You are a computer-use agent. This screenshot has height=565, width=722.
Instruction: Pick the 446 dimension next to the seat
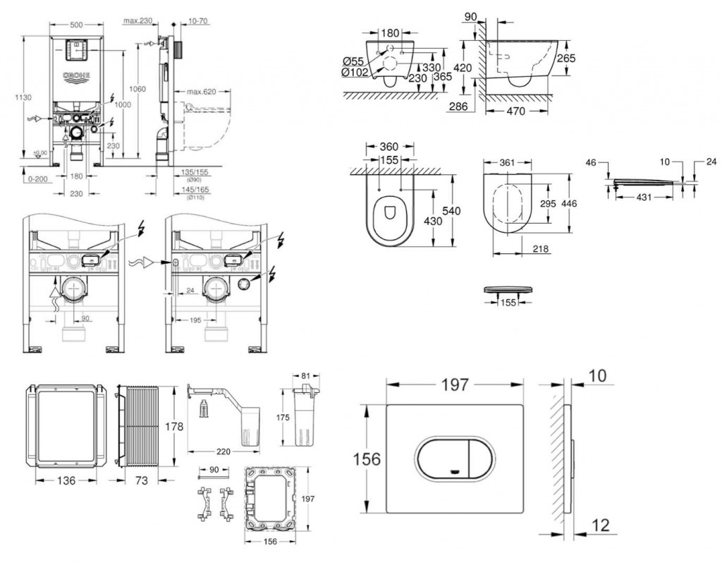click(570, 204)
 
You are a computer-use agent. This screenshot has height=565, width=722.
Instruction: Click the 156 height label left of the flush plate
click(367, 459)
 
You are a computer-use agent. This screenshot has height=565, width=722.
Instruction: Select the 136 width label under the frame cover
click(66, 480)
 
